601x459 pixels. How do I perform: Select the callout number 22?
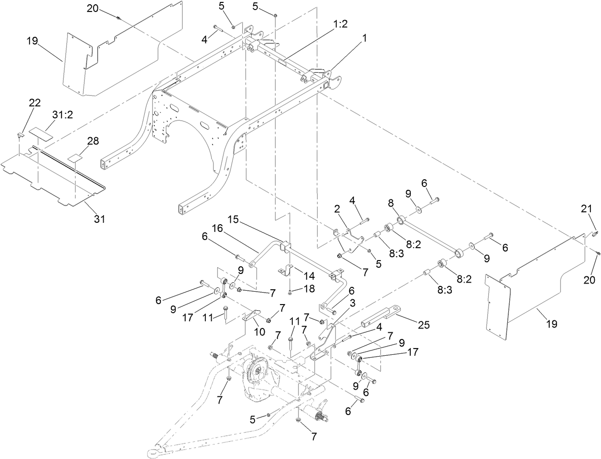pyautogui.click(x=35, y=103)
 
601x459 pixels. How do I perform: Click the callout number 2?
pyautogui.click(x=337, y=209)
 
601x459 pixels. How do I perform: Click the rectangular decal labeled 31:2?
pyautogui.click(x=41, y=133)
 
